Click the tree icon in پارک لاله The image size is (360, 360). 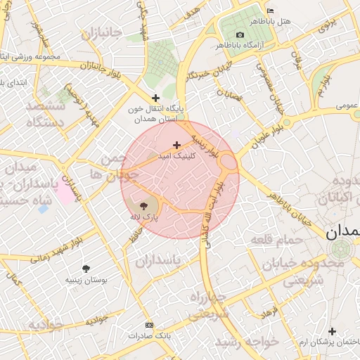pyautogui.click(x=144, y=205)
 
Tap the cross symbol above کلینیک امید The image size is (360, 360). pyautogui.click(x=176, y=145)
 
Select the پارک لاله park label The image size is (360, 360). pyautogui.click(x=144, y=217)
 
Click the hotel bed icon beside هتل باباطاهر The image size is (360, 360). pyautogui.click(x=271, y=11)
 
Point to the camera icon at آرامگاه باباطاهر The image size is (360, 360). pyautogui.click(x=240, y=35)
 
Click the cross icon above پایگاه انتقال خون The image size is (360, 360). pyautogui.click(x=155, y=98)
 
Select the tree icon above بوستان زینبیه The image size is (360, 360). pyautogui.click(x=86, y=269)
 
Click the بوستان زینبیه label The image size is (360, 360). pyautogui.click(x=86, y=280)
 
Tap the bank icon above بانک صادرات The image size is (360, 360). pyautogui.click(x=148, y=325)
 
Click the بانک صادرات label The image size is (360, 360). pyautogui.click(x=149, y=335)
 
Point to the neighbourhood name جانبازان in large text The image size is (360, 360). pyautogui.click(x=101, y=33)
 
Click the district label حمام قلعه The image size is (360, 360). pyautogui.click(x=276, y=240)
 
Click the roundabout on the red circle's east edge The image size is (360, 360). pyautogui.click(x=229, y=162)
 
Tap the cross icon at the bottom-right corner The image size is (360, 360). pyautogui.click(x=332, y=330)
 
